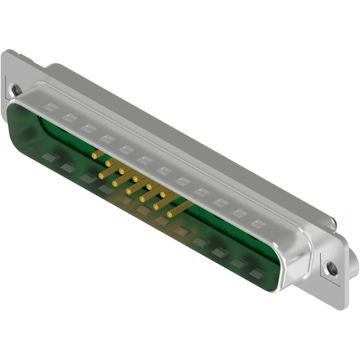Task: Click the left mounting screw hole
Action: (x=16, y=91)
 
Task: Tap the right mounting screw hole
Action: (x=332, y=267)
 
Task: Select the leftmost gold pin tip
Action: (x=94, y=156)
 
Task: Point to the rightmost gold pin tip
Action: (x=170, y=213)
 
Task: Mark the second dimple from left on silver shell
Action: (x=70, y=116)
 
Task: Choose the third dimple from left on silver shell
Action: (x=88, y=126)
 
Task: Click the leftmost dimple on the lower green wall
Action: (x=48, y=159)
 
